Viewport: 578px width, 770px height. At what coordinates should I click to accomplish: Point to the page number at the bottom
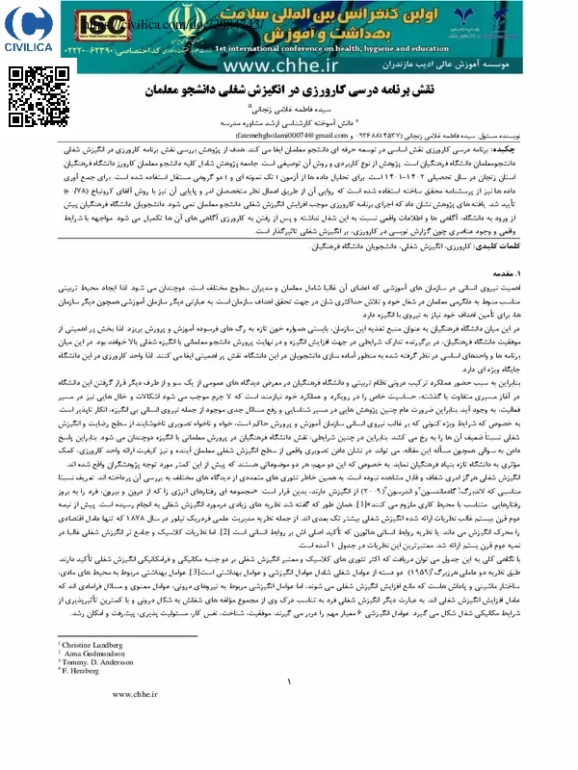(289, 737)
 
